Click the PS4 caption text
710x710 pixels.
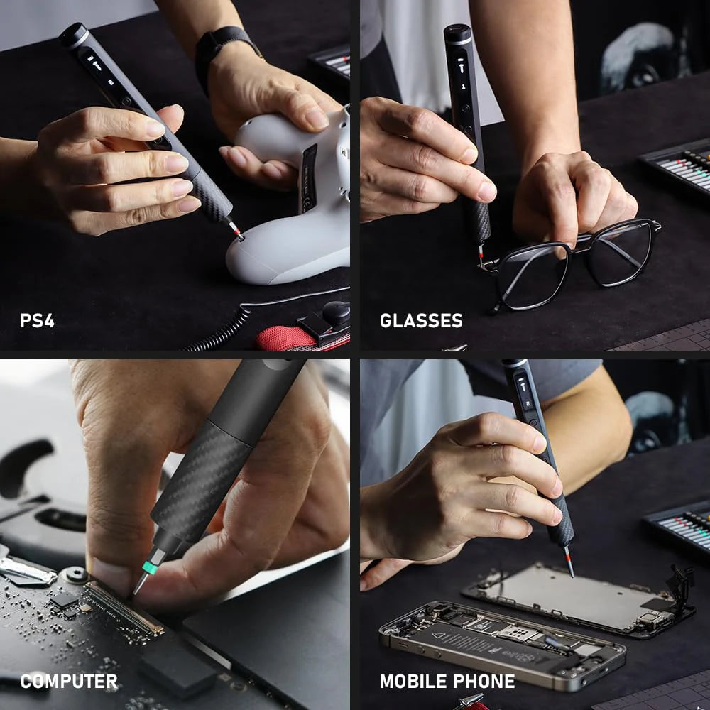tap(37, 320)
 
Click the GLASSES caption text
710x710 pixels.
tap(421, 320)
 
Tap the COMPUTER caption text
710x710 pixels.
tap(69, 682)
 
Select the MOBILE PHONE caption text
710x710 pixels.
tap(447, 682)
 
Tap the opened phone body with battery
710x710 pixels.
tap(497, 643)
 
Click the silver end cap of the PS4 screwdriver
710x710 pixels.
tap(75, 35)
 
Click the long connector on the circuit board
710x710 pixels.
tap(124, 607)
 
